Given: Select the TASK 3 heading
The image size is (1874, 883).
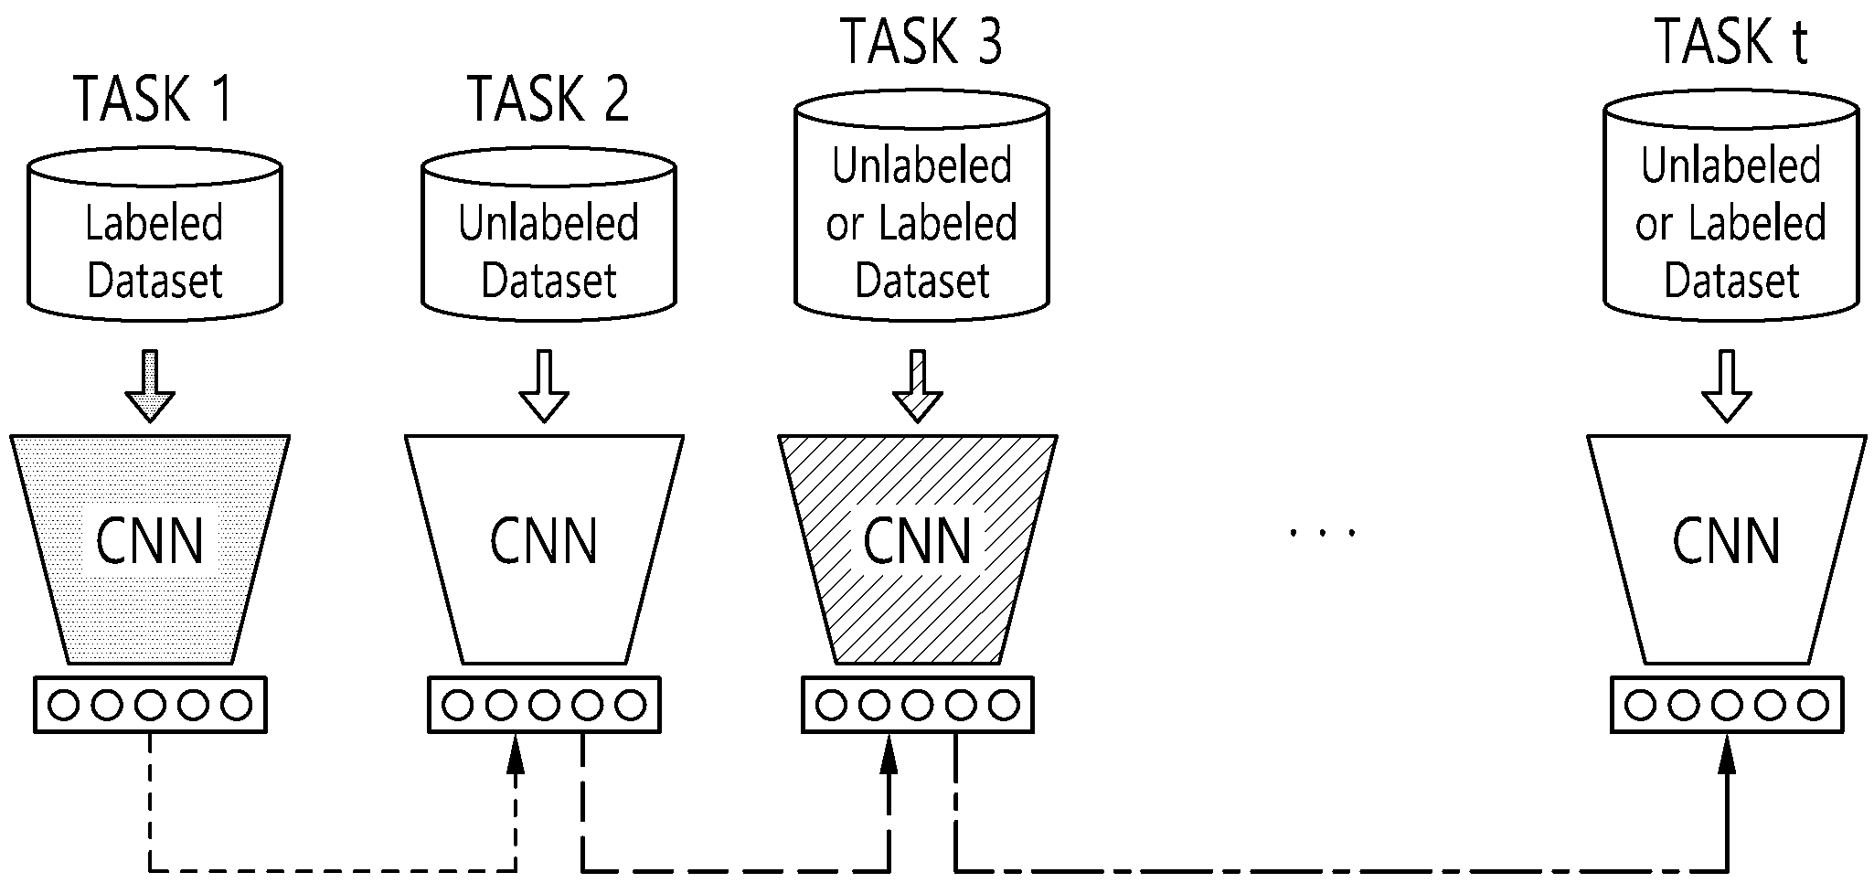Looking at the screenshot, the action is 921,41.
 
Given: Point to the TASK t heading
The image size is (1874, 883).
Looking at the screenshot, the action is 1731,41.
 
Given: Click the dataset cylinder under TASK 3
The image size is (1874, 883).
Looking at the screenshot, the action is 921,206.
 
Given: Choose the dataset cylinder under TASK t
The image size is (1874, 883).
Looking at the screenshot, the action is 1731,206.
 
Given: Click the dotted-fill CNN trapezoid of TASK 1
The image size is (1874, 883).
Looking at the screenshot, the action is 150,549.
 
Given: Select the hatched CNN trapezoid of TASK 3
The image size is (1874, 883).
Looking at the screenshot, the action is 918,549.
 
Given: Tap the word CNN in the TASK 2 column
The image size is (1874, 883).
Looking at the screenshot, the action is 544,541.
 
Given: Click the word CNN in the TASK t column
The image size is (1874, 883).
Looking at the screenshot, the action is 1727,541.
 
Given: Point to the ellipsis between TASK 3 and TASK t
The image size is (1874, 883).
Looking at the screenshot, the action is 1322,531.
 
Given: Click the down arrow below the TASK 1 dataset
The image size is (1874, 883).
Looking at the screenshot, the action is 150,386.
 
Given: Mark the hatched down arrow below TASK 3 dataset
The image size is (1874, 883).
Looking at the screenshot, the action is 918,386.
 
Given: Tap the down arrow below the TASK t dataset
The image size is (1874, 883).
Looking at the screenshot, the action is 1727,386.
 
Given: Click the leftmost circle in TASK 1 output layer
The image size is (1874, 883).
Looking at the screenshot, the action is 64,705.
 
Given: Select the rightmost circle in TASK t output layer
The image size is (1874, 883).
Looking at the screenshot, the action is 1814,705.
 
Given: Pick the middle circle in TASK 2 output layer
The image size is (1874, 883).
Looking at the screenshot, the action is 544,705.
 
